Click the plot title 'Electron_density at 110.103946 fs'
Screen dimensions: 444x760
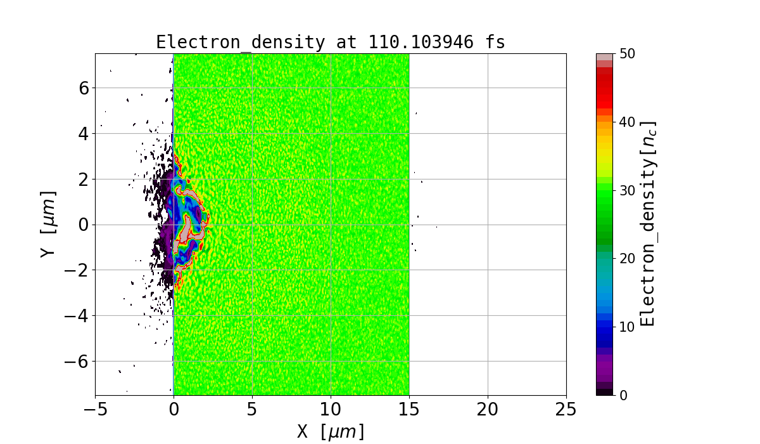(331, 42)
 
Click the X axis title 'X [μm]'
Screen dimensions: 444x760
(331, 431)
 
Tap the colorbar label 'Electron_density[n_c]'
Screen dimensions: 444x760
(647, 224)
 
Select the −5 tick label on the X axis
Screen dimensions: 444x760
(95, 410)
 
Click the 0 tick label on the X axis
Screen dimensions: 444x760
(174, 410)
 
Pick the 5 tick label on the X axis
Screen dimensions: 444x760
(252, 410)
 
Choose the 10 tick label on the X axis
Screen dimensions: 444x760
(331, 410)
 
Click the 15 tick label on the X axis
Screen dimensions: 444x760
(409, 410)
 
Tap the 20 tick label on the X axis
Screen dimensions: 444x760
(488, 410)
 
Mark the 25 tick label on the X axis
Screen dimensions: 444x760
(566, 410)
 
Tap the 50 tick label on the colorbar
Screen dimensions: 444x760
(626, 54)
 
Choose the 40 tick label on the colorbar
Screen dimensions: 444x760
(626, 122)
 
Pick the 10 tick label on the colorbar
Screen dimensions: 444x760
(626, 327)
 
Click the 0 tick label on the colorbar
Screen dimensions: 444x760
(623, 395)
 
